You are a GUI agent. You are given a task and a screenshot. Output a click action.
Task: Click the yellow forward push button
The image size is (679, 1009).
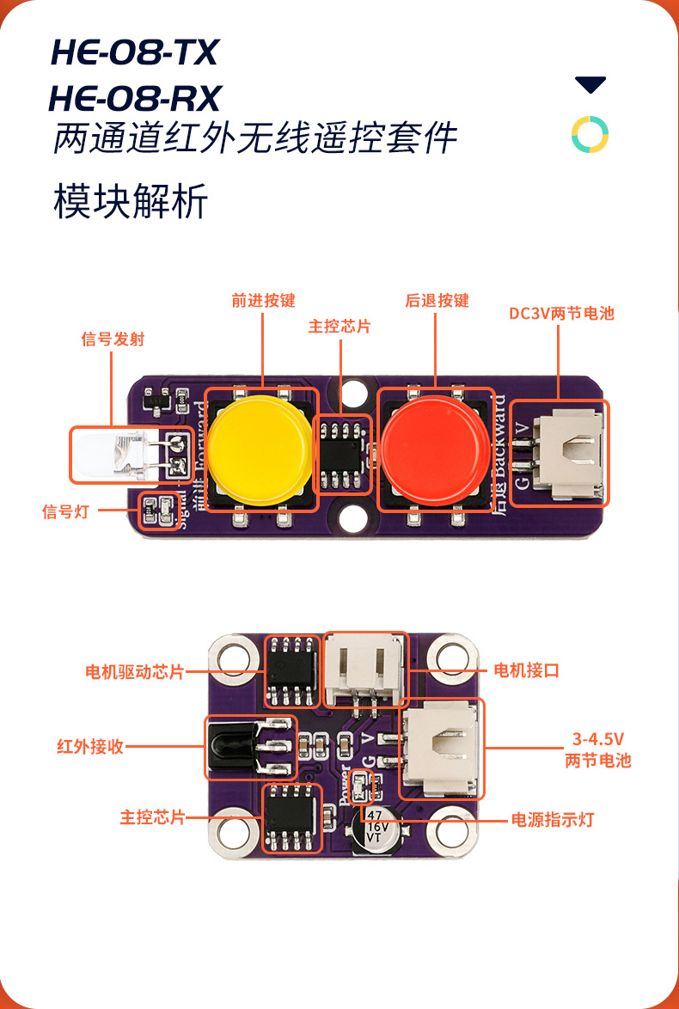(x=260, y=443)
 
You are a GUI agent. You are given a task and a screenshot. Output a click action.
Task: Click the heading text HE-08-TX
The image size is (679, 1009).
(x=134, y=53)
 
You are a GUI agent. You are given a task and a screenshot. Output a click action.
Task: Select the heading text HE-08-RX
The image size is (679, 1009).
(x=135, y=98)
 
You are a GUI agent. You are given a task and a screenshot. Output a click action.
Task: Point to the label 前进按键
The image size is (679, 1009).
(x=263, y=301)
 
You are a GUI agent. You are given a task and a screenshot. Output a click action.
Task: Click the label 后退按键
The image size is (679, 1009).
(x=437, y=301)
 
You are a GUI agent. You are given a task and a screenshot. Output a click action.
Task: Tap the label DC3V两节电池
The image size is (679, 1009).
(x=561, y=314)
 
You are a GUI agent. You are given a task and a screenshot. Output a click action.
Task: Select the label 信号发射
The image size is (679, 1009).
(x=113, y=339)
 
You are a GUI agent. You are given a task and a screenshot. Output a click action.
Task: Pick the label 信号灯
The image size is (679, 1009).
(x=65, y=512)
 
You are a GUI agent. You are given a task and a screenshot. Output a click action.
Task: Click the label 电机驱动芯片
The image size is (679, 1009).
(x=135, y=672)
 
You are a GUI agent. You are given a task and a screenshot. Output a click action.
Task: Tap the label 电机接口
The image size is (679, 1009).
(x=526, y=670)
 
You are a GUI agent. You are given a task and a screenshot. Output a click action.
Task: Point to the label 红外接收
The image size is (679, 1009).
(x=90, y=746)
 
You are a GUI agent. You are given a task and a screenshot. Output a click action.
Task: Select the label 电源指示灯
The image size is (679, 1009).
(x=552, y=820)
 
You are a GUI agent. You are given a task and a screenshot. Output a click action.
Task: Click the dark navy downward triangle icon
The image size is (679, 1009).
(x=590, y=85)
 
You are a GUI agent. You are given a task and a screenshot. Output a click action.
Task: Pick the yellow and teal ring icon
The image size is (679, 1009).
(x=590, y=134)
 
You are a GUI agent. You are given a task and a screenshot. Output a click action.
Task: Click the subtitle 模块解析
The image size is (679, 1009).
(x=131, y=203)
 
